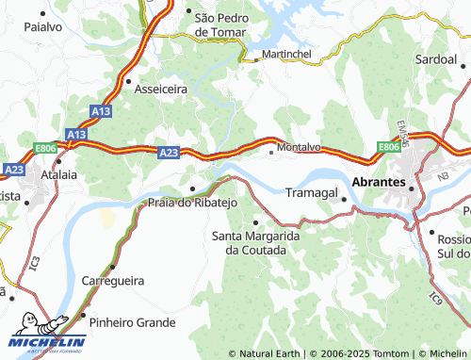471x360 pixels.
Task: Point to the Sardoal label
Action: [436, 58]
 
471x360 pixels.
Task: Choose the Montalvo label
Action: [300, 148]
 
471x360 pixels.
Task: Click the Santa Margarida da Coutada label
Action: [255, 242]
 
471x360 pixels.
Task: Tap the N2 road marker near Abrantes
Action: [443, 175]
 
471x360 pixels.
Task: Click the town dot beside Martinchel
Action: [255, 58]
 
